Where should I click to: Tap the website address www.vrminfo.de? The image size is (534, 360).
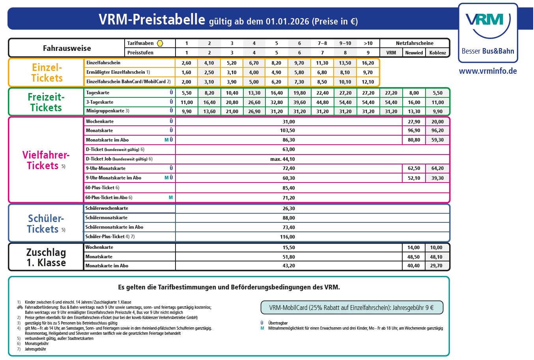click(488, 71)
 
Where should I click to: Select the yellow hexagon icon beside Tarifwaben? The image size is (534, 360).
click(160, 43)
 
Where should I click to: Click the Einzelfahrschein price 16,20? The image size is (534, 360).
click(368, 63)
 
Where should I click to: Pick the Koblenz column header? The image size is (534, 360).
click(437, 53)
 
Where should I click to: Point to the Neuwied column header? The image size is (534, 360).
click(414, 53)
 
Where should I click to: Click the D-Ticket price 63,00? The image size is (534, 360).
click(289, 149)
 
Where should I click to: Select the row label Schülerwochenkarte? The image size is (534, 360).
click(107, 208)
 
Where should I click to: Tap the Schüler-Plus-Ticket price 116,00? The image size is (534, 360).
click(288, 237)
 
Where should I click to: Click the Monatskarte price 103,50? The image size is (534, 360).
click(288, 131)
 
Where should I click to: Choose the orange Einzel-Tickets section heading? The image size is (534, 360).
click(47, 73)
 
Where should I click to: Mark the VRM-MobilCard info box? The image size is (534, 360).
click(351, 308)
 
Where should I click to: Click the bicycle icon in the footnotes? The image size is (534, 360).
click(20, 307)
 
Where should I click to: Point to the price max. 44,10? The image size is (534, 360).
click(282, 159)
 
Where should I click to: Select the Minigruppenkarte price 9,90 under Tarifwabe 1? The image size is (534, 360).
click(187, 112)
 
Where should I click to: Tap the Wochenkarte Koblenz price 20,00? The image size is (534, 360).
click(437, 122)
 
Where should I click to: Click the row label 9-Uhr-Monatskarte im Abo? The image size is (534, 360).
click(114, 178)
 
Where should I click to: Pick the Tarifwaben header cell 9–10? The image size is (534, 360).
click(345, 43)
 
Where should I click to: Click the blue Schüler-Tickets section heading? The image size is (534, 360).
click(46, 224)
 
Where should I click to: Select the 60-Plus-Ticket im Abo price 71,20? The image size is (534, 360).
click(289, 198)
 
